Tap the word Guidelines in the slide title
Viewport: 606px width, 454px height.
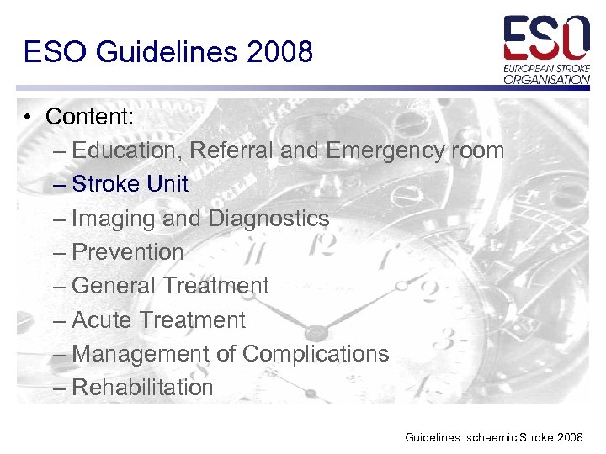(x=170, y=52)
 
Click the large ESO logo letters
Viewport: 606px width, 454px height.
(x=546, y=36)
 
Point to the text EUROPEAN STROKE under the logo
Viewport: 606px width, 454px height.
(x=547, y=67)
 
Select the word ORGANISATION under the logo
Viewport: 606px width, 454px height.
(x=547, y=79)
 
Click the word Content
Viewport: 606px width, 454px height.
(x=89, y=117)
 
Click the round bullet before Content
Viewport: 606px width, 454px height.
(x=28, y=118)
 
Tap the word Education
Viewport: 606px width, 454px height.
(x=126, y=151)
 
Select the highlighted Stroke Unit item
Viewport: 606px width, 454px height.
(x=130, y=184)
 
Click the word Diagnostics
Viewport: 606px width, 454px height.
(x=268, y=219)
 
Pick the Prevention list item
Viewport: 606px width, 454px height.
(x=128, y=252)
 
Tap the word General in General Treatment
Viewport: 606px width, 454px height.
(x=114, y=286)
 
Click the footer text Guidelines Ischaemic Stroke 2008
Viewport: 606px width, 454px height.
(x=493, y=437)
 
